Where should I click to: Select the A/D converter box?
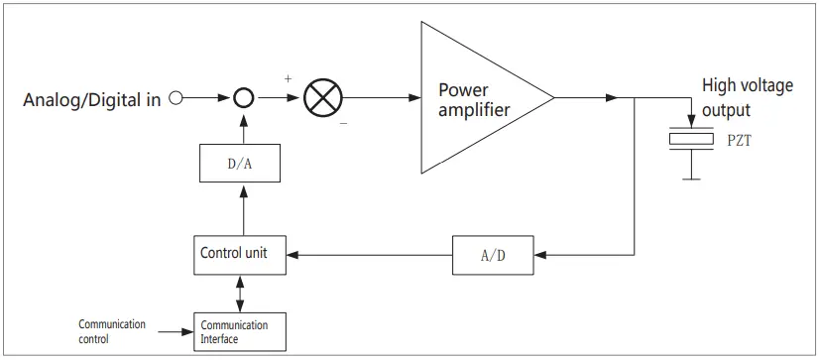[x=492, y=255]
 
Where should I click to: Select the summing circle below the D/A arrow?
[x=243, y=98]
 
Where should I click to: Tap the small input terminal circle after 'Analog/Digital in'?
[x=176, y=98]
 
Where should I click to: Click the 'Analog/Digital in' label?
[x=91, y=99]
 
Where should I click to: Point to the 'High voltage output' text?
[x=747, y=97]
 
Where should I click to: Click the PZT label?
[x=740, y=142]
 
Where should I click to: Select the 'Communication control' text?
[x=112, y=331]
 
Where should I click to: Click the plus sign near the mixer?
[x=288, y=77]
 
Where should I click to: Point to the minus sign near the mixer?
[x=343, y=124]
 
